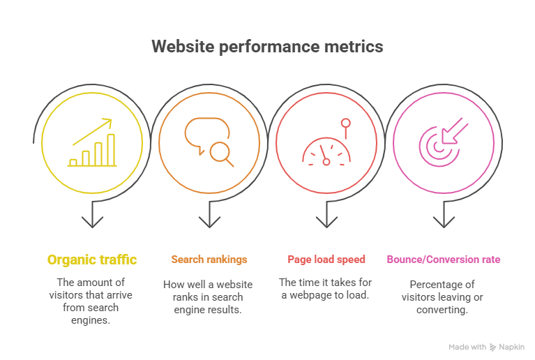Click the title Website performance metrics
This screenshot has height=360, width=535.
tap(267, 47)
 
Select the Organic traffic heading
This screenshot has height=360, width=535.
tap(92, 260)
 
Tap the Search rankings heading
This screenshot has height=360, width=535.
tap(209, 260)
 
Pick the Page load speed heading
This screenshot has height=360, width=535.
tap(326, 260)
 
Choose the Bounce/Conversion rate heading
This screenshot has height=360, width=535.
tap(444, 260)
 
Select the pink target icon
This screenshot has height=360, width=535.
tap(439, 144)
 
